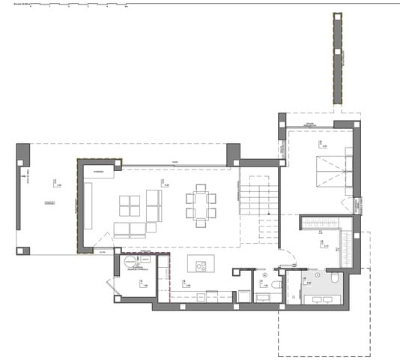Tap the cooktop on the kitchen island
200,264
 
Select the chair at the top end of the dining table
200,187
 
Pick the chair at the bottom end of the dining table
200,223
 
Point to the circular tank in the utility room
133,262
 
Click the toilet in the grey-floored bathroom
333,279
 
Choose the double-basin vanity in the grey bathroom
322,298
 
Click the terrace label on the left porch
50,202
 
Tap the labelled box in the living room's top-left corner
98,172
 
